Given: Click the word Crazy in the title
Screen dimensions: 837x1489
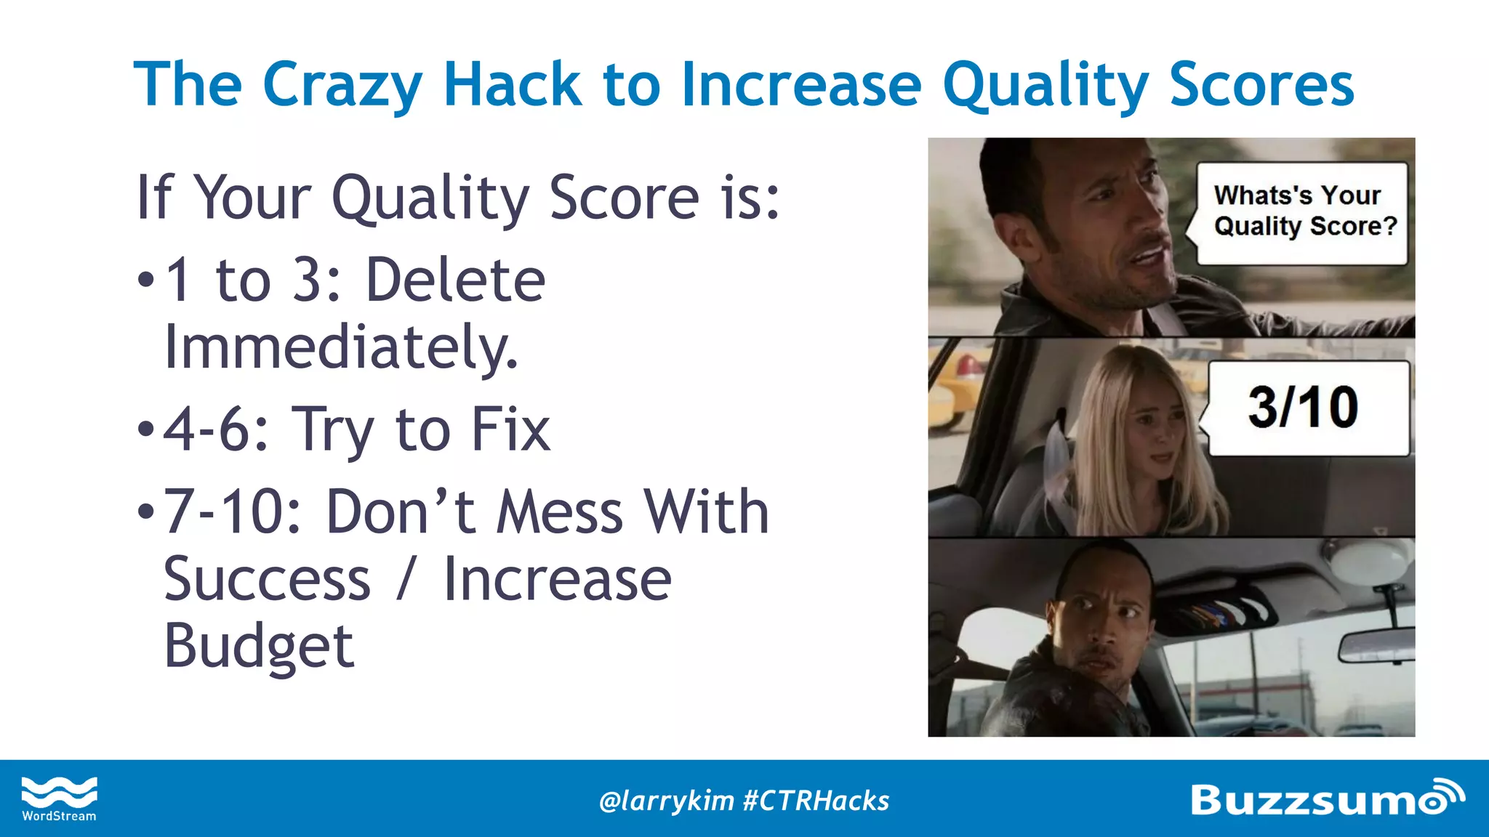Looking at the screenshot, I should tap(342, 86).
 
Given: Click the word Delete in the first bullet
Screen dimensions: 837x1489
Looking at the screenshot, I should tap(455, 280).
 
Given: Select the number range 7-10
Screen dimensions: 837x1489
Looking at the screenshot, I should tap(231, 512).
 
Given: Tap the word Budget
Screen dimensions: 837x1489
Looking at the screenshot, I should tap(259, 646).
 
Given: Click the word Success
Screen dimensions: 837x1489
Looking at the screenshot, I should tap(267, 580).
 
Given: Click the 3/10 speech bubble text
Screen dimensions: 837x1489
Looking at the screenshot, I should tap(1303, 407).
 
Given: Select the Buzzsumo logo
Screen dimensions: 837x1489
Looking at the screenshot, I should tap(1327, 798).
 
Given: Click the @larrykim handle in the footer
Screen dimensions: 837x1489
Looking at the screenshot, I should tap(666, 801).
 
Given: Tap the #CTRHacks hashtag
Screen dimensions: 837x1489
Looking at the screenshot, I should tap(816, 801).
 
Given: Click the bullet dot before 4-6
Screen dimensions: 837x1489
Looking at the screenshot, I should tap(145, 430).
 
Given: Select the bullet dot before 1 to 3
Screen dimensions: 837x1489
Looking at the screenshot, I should tap(145, 280).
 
